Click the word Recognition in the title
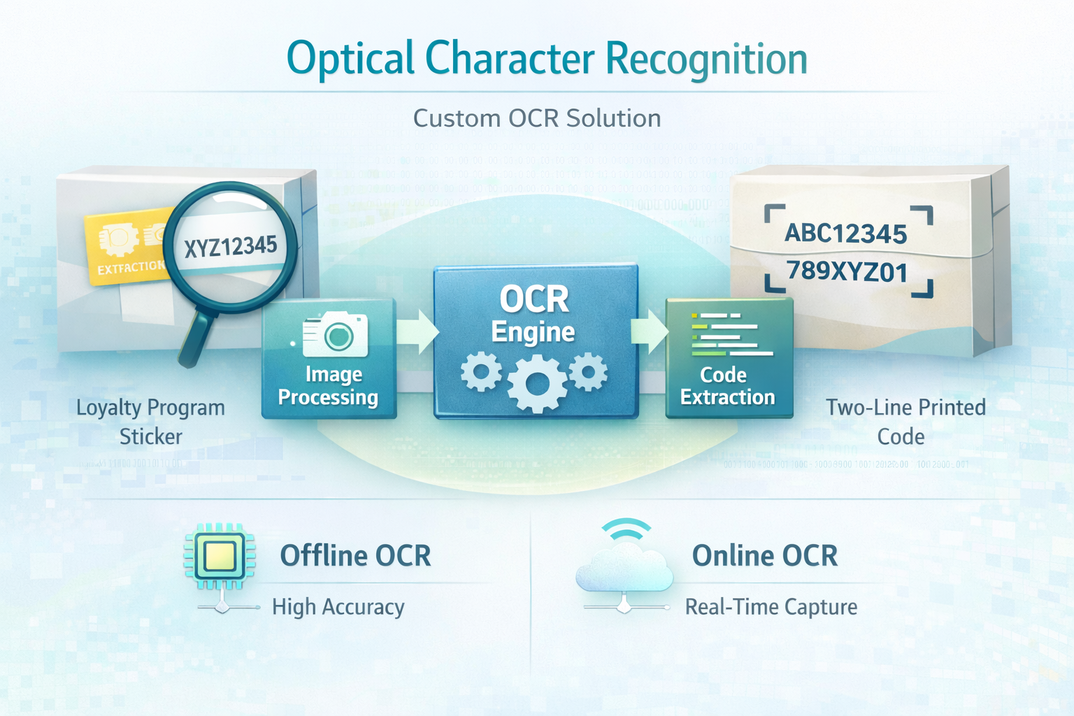[706, 59]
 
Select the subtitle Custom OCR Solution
[536, 118]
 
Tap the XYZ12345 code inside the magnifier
[231, 247]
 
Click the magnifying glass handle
[198, 338]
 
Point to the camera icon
[336, 334]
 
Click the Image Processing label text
[328, 386]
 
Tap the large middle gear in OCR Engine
[536, 383]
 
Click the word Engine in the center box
[533, 331]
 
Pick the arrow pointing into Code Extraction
[650, 331]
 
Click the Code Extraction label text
[727, 386]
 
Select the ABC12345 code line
[845, 234]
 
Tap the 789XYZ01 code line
[847, 271]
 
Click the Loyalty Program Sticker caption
[150, 422]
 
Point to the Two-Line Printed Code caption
[905, 422]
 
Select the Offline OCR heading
[355, 556]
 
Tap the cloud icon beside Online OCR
[624, 566]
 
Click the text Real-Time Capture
[771, 607]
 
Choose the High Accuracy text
[338, 607]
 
